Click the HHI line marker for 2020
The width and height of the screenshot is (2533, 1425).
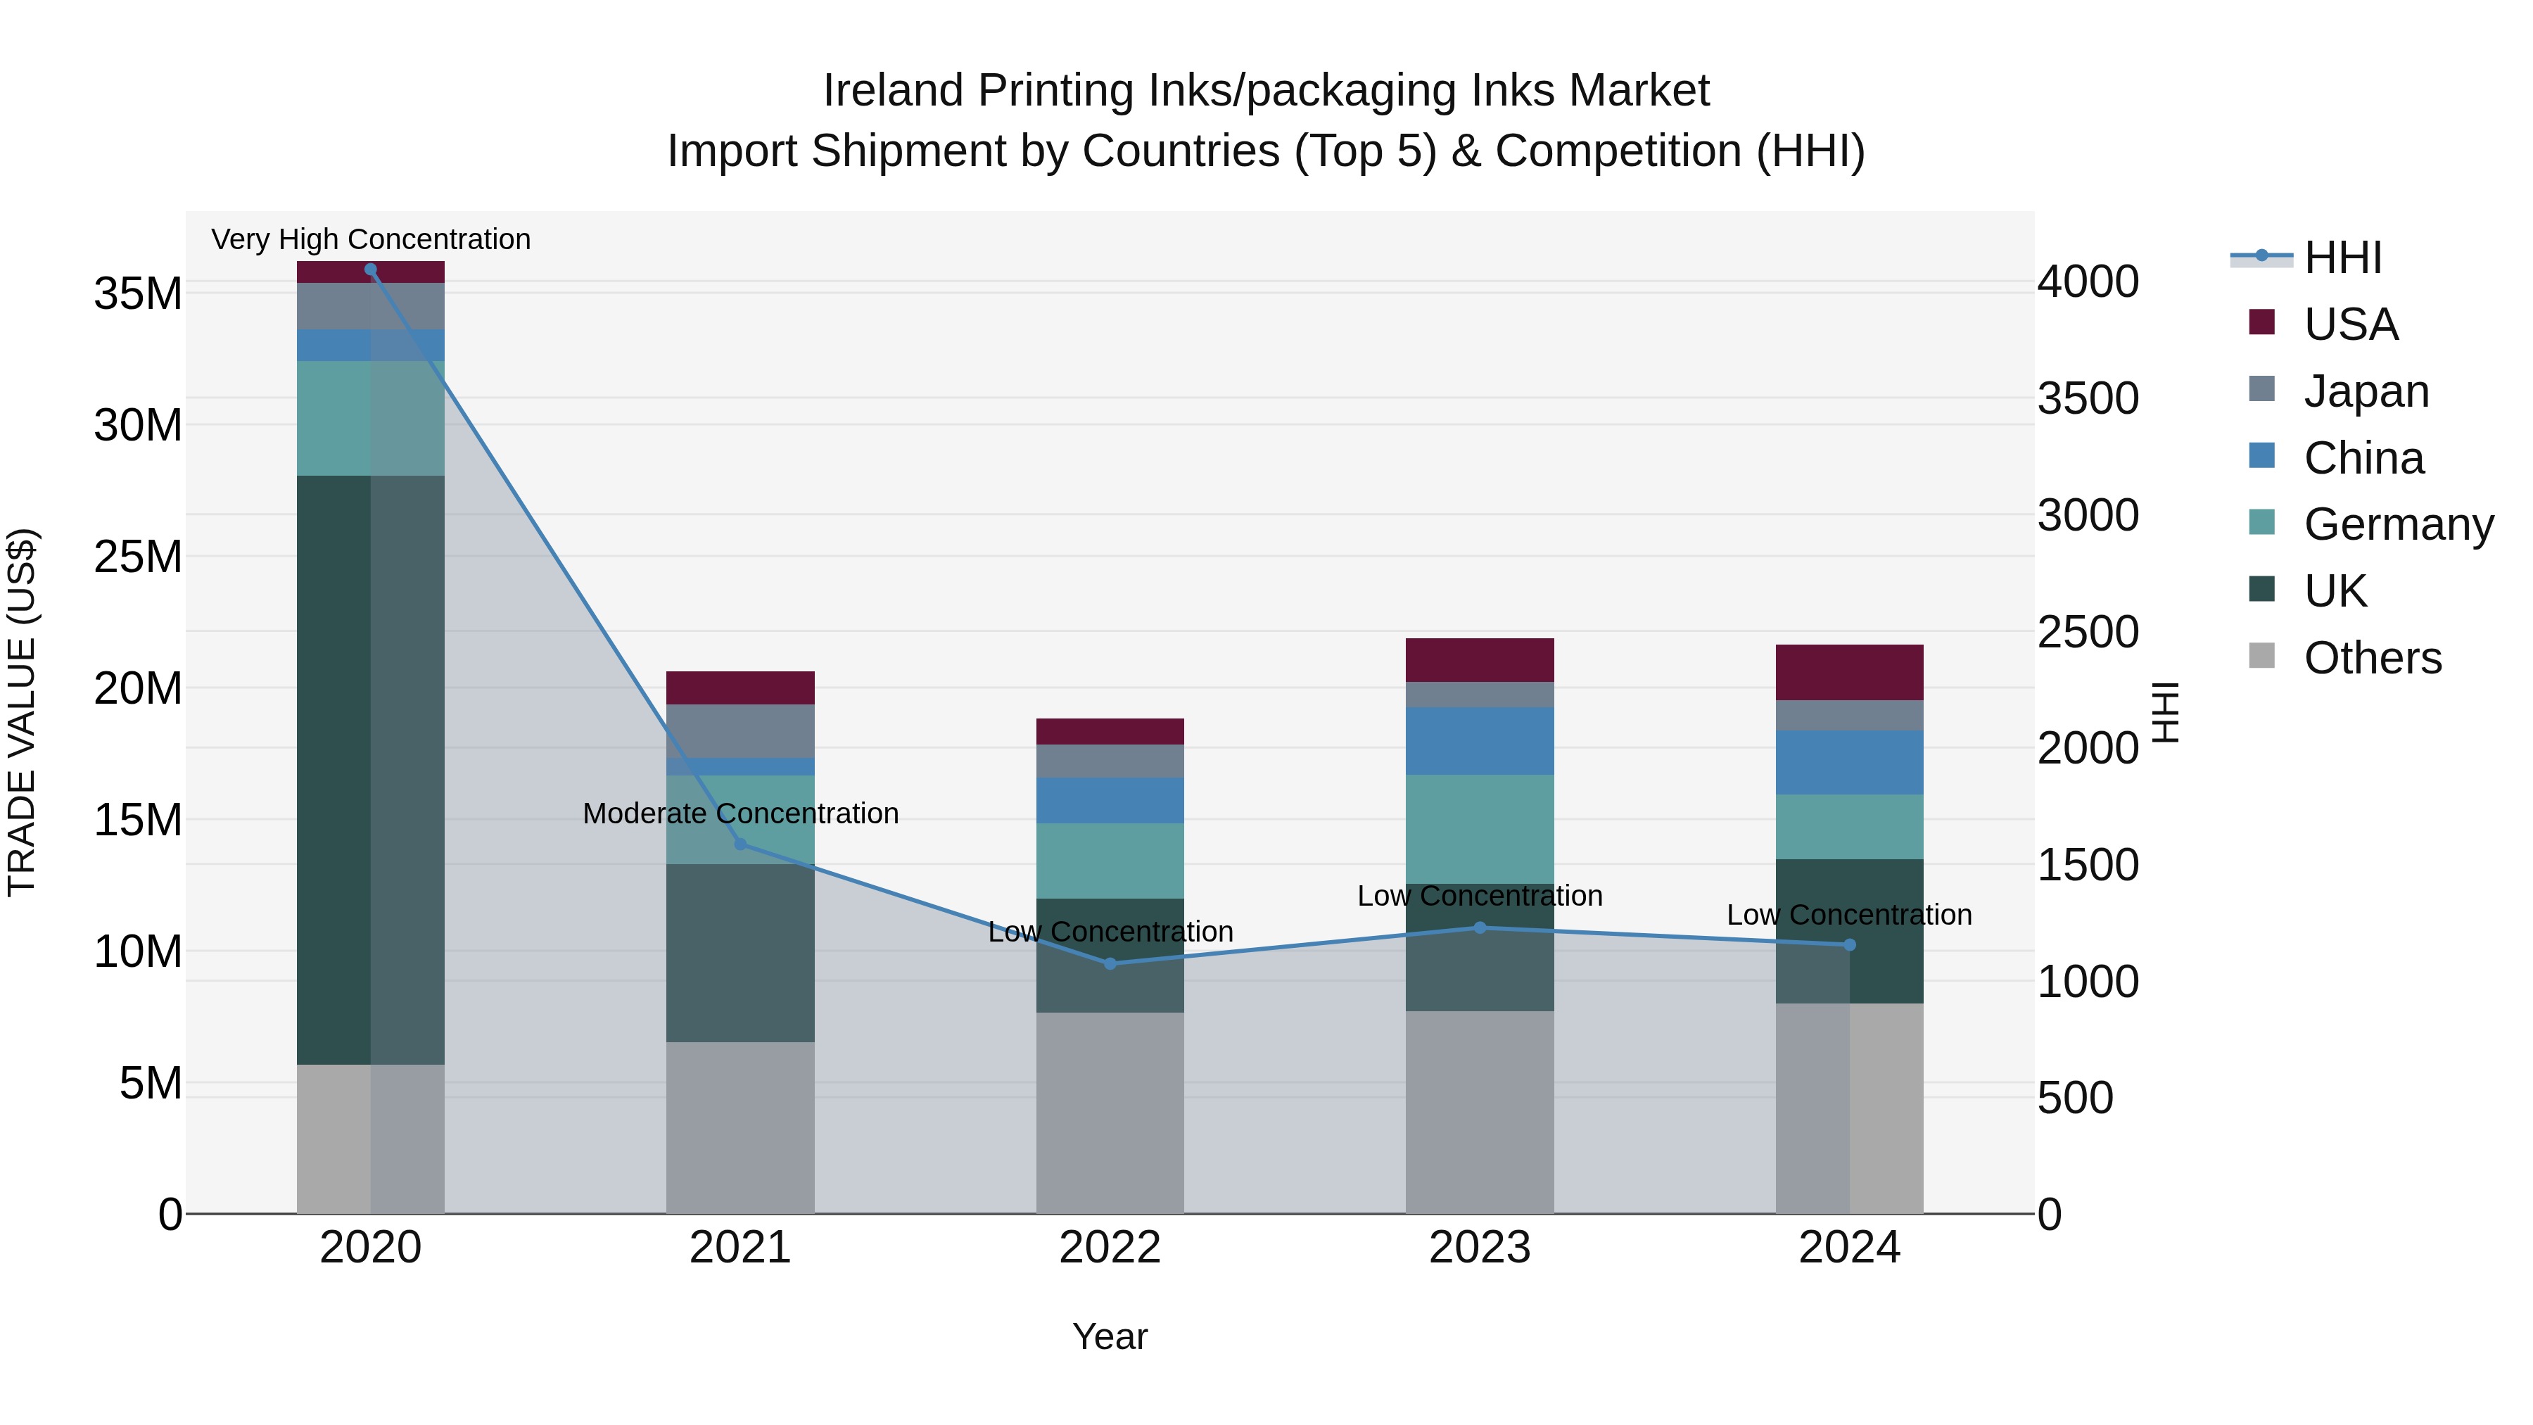tap(371, 270)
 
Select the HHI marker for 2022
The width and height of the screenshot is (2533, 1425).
tap(1110, 964)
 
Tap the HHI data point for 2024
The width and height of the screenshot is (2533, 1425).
tap(1850, 945)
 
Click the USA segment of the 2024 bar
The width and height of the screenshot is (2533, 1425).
tap(1850, 673)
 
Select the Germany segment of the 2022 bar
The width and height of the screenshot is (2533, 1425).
tap(1110, 861)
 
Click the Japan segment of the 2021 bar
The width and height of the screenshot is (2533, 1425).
tap(740, 730)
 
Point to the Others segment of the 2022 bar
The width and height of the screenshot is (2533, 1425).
tap(1110, 1113)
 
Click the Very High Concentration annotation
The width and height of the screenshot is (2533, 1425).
tap(371, 239)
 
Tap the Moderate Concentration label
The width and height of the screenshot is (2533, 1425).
tap(740, 813)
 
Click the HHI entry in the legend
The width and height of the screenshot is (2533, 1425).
tap(2342, 258)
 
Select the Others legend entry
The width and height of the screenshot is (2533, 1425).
tap(2372, 658)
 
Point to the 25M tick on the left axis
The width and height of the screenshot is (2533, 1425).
tap(138, 557)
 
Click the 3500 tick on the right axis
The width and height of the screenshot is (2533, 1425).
tap(2088, 398)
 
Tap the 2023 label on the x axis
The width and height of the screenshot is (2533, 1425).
tap(1480, 1248)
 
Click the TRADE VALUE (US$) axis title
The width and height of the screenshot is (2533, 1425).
tap(23, 712)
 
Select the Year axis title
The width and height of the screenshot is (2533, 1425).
tap(1110, 1336)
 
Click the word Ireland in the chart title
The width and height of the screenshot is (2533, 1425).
tap(893, 91)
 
